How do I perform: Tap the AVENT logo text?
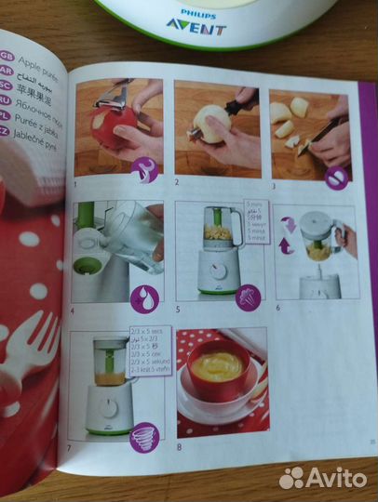point(196,27)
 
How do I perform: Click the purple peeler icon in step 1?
point(146,167)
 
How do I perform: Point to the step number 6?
point(276,309)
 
